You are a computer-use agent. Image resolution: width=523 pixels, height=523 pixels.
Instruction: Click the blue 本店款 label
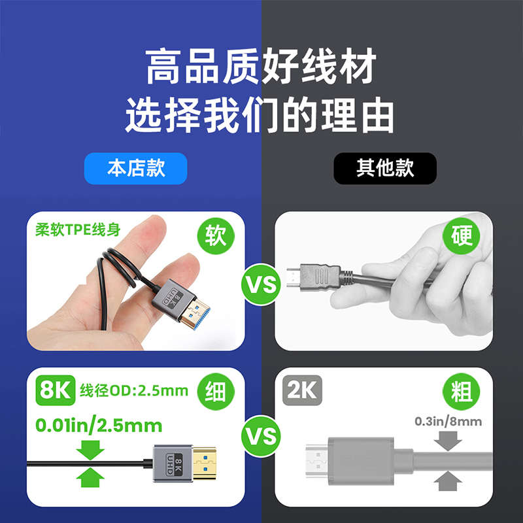[136, 168]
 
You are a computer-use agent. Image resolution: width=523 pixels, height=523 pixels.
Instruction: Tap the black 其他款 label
[385, 168]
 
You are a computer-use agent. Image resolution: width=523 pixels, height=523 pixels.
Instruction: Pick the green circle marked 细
[216, 392]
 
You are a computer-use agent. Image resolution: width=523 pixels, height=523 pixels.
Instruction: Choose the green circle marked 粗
[462, 392]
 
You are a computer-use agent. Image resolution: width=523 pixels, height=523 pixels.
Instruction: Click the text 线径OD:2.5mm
[134, 392]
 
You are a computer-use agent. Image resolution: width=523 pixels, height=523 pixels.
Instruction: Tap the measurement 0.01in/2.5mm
[98, 426]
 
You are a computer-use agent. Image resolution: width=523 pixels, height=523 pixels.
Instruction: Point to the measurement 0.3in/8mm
[448, 422]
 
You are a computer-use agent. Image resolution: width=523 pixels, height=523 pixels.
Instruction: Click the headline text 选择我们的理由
[260, 115]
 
